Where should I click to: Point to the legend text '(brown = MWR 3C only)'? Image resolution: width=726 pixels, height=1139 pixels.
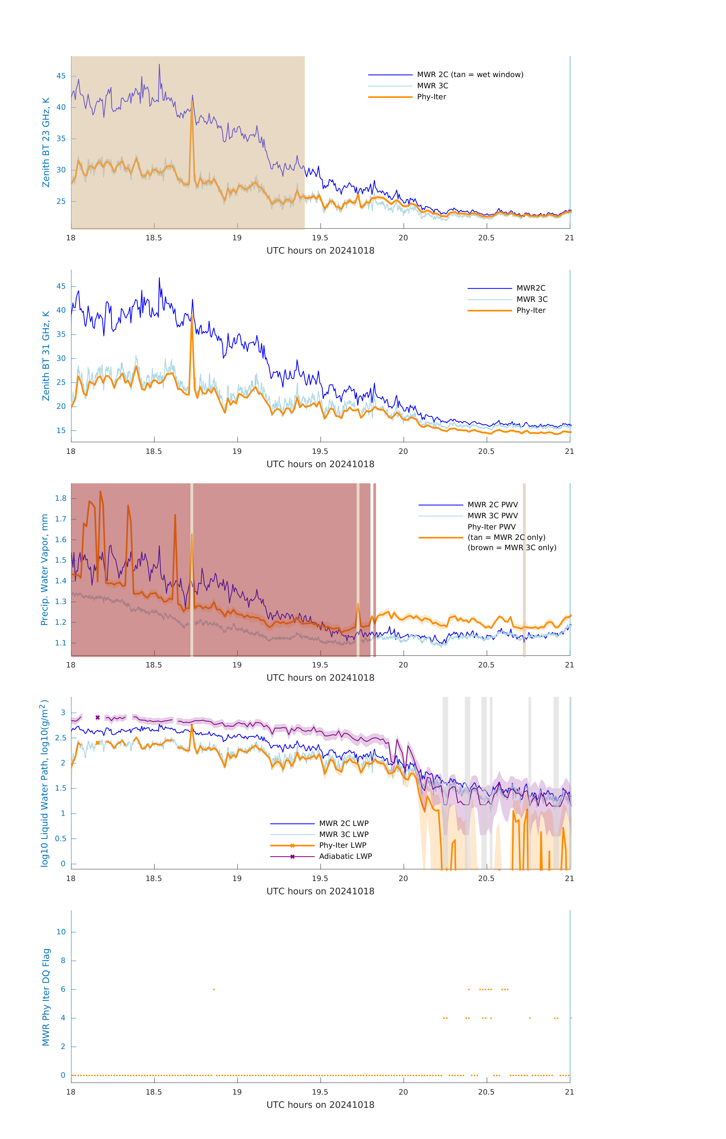point(512,548)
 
